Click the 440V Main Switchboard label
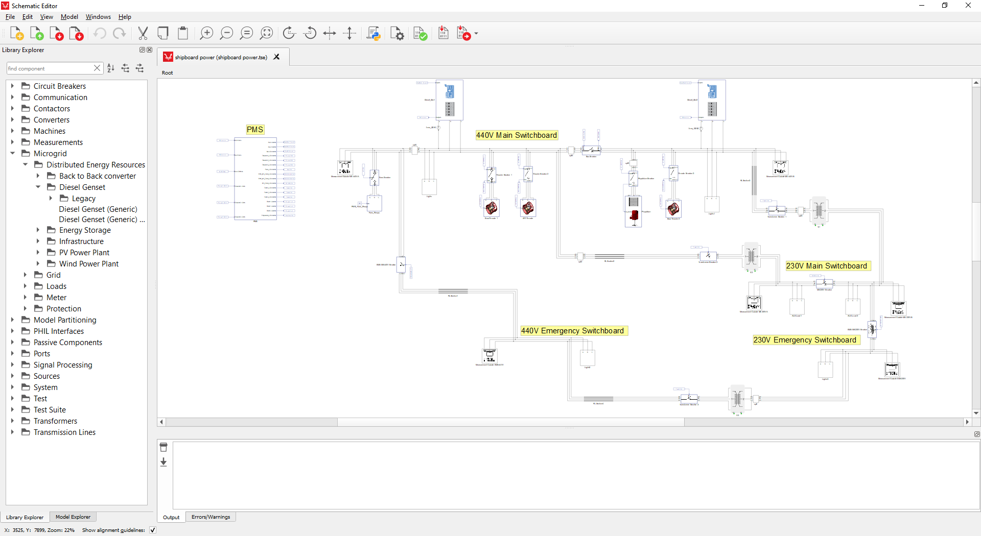516,135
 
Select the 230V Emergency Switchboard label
804,340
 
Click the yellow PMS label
255,130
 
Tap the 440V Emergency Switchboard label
572,331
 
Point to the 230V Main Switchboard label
826,266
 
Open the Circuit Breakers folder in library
59,86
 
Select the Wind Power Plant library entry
88,264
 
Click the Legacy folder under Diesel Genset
83,199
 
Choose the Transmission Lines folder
64,432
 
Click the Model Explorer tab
73,517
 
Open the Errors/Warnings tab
211,517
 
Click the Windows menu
98,17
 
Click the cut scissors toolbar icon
143,34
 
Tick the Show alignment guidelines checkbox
153,530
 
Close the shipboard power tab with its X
276,57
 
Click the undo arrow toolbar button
100,34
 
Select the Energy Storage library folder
85,230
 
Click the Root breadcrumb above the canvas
168,73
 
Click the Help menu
125,17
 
